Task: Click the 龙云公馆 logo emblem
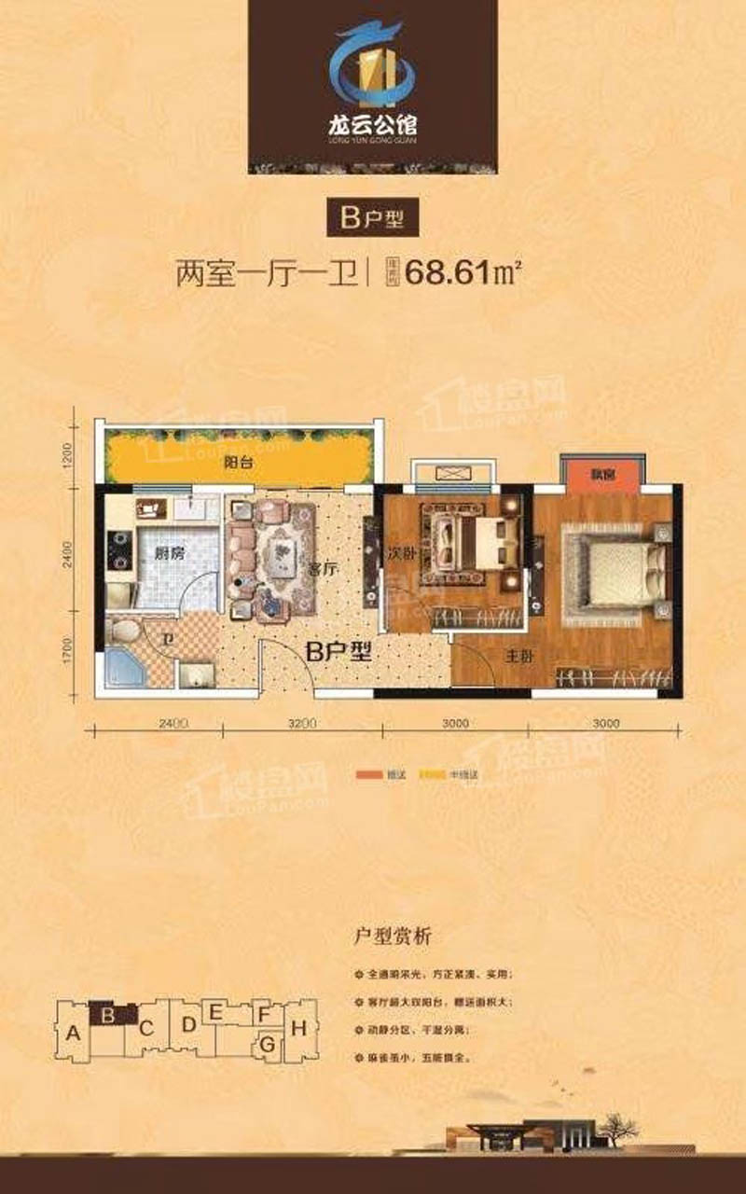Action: pyautogui.click(x=372, y=65)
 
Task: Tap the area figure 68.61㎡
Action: pyautogui.click(x=462, y=274)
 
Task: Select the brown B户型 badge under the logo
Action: pyautogui.click(x=372, y=220)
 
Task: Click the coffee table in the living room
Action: pyautogui.click(x=280, y=558)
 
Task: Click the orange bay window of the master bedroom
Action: pyautogui.click(x=601, y=473)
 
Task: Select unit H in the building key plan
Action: pyautogui.click(x=298, y=1029)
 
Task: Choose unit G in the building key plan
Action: pyautogui.click(x=268, y=1044)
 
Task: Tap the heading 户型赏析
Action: pyautogui.click(x=393, y=936)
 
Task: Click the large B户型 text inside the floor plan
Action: pyautogui.click(x=339, y=652)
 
